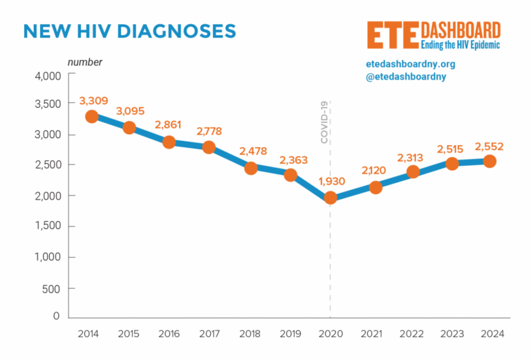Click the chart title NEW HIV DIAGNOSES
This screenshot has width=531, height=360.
tap(129, 31)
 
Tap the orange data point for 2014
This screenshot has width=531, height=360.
tap(91, 116)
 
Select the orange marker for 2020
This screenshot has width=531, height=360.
tap(330, 198)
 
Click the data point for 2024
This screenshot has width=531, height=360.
tap(489, 161)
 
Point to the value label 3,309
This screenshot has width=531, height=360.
tap(93, 101)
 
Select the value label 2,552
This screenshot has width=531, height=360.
tap(489, 146)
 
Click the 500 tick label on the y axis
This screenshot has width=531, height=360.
tap(51, 288)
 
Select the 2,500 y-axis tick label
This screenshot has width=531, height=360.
tap(47, 164)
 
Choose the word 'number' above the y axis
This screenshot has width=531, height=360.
tap(84, 62)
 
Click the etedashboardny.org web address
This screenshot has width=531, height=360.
tap(410, 64)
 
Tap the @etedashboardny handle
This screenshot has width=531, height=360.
tap(406, 77)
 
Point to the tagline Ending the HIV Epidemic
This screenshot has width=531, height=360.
tap(460, 44)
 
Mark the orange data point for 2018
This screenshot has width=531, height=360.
tap(251, 168)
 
